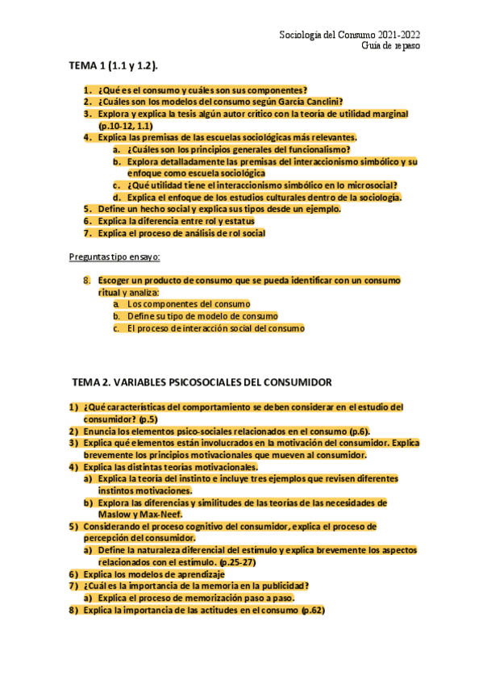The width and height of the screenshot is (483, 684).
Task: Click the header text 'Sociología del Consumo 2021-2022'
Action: point(348,35)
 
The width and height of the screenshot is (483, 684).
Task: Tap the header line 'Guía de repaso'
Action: point(390,46)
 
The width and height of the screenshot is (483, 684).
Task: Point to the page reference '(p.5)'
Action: point(148,419)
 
